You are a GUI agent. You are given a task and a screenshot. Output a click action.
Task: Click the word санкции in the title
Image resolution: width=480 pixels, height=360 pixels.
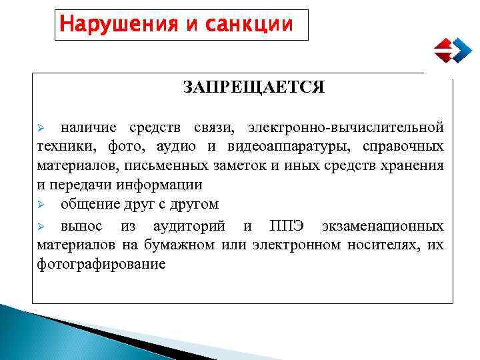(x=254, y=24)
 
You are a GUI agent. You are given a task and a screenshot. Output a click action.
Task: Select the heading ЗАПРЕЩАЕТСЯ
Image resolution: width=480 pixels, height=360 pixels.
(x=254, y=87)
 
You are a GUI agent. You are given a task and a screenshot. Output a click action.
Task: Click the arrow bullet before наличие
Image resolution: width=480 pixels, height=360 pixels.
(x=40, y=127)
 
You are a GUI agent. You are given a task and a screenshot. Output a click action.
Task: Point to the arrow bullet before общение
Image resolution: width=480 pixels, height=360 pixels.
(x=40, y=204)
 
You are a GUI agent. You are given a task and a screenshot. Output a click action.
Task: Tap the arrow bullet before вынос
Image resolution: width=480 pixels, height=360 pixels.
(x=40, y=225)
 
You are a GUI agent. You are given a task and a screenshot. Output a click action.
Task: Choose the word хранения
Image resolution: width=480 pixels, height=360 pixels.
(x=415, y=165)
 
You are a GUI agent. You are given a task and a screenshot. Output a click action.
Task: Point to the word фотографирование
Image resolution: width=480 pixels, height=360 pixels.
(x=101, y=264)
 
